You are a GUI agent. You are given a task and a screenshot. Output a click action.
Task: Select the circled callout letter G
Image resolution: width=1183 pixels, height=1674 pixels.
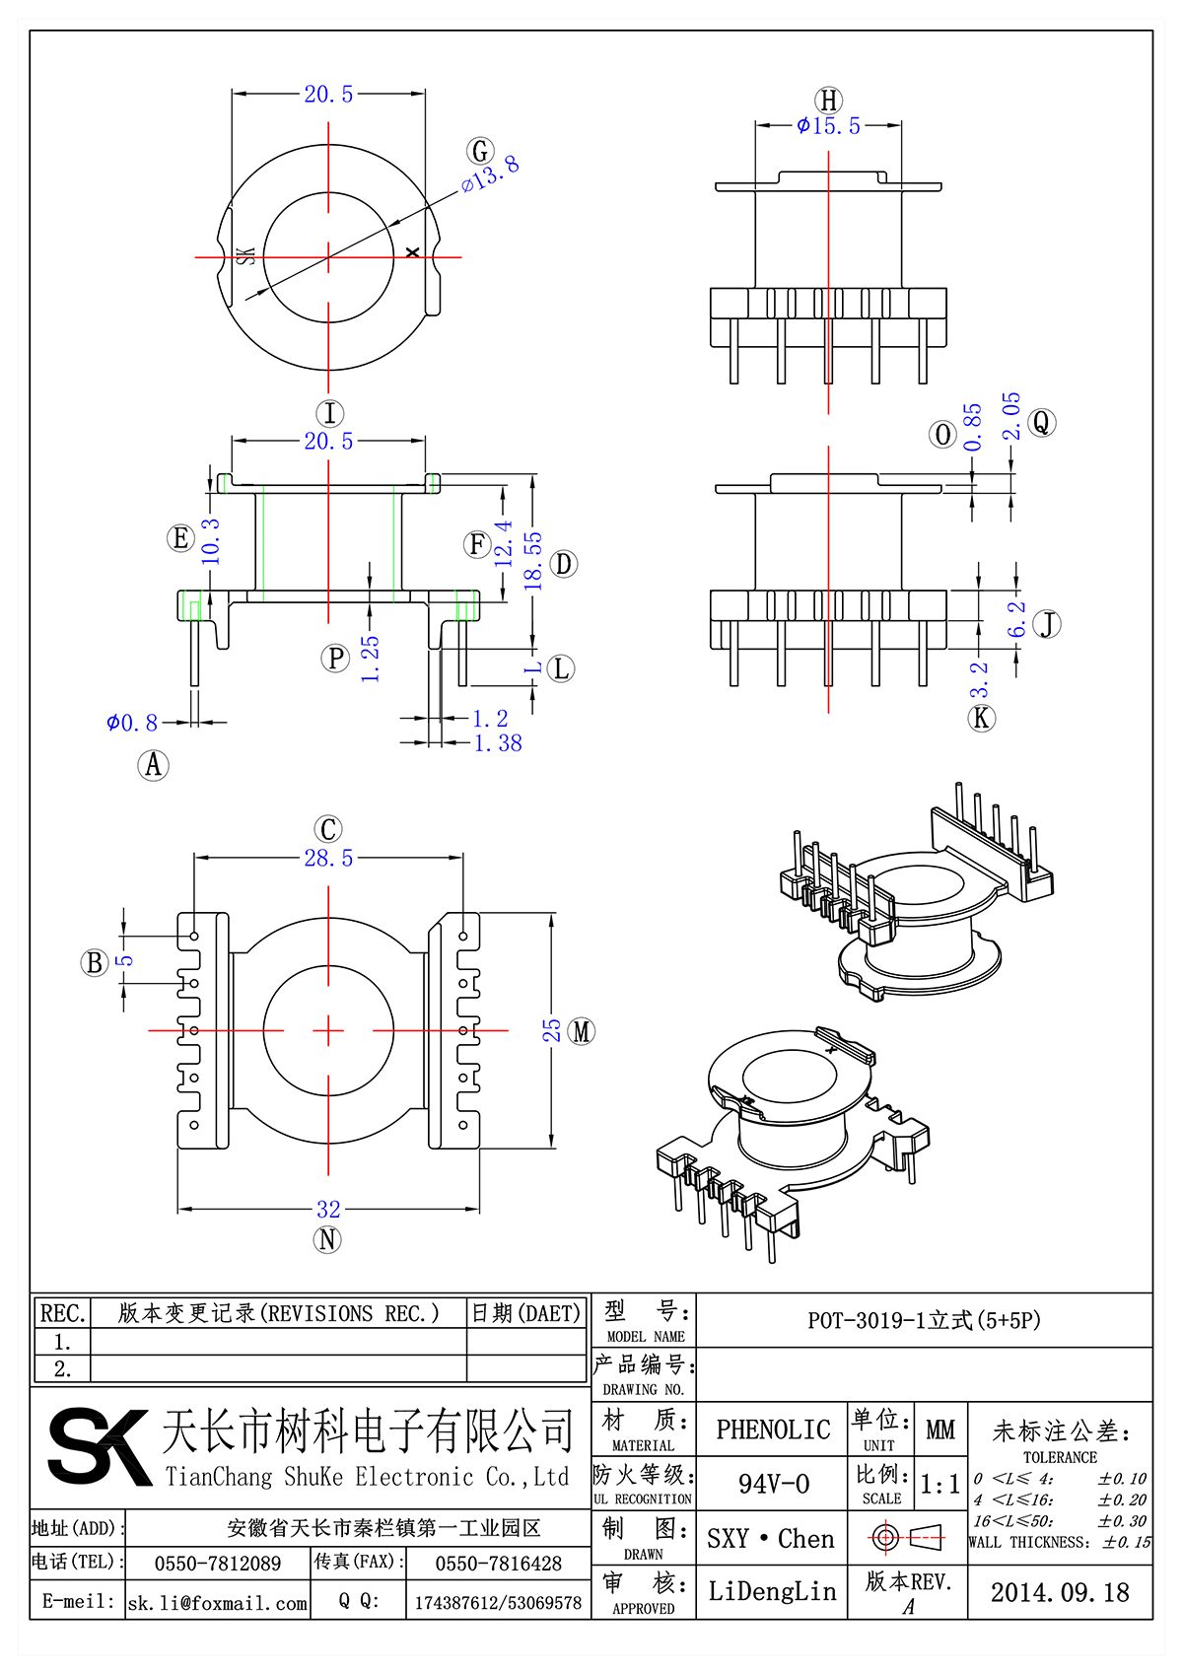coord(480,151)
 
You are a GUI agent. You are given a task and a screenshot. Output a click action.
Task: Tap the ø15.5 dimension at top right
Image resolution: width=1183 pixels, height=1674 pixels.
coord(829,126)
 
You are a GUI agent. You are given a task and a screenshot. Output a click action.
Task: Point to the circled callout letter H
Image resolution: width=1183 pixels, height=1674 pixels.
coord(829,101)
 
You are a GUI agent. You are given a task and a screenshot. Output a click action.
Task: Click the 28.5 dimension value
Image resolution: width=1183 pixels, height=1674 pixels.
coord(328,859)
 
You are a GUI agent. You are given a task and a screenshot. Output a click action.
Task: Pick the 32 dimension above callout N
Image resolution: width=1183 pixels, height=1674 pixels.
coord(328,1209)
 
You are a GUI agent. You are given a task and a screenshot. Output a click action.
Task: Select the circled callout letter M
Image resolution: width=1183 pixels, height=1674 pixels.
coord(582,1031)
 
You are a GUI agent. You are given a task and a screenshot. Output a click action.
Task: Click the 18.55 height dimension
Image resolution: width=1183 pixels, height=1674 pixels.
coord(533,562)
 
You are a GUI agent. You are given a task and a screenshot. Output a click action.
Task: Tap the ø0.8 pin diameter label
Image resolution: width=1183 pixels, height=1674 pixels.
coord(132,724)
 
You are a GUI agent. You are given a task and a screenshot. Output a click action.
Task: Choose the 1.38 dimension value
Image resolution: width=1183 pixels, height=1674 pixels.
coord(498,744)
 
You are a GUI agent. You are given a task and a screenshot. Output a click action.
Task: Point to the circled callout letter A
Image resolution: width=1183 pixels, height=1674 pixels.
coord(153,765)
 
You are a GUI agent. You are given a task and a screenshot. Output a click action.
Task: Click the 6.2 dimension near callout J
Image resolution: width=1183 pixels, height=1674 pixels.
coord(1016,619)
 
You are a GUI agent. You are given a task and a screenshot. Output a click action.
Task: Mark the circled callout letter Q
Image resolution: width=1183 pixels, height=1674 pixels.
coord(1041,423)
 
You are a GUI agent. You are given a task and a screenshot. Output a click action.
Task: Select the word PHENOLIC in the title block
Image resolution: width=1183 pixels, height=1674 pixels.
coord(773,1430)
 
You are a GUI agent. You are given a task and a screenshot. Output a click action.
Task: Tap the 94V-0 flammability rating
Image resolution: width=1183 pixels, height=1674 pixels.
coord(774,1484)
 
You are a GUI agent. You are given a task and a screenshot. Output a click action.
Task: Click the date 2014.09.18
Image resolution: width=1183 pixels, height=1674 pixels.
coord(1060,1592)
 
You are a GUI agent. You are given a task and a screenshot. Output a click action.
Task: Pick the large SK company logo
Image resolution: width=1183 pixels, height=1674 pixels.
coord(99,1446)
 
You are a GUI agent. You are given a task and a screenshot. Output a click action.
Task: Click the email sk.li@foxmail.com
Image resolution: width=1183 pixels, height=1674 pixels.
coord(218,1603)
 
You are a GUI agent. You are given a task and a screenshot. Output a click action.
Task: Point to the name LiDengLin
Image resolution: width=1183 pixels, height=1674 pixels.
coord(772,1591)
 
